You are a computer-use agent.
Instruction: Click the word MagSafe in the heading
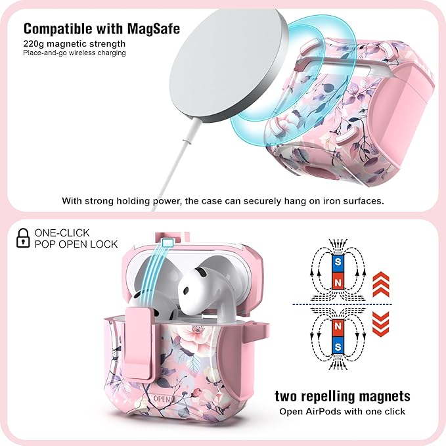154,29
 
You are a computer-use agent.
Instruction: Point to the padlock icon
23,238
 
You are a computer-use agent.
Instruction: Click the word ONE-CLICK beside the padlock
62,233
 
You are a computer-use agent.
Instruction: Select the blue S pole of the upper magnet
338,261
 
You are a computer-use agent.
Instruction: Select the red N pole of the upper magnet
338,282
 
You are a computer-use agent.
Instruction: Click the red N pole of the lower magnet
338,326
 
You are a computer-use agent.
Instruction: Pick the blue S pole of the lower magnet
338,347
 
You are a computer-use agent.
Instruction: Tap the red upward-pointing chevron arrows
380,284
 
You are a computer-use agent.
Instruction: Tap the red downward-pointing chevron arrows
380,324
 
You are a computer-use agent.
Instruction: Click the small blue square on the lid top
167,242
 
